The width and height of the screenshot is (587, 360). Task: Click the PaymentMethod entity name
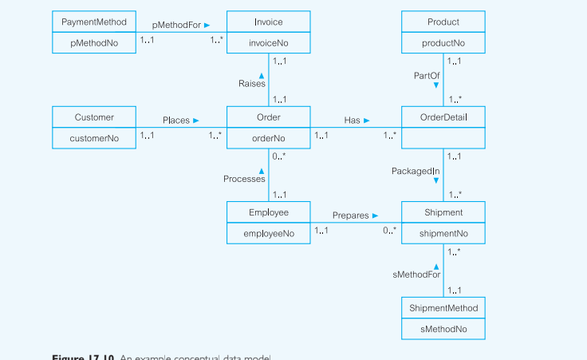tap(94, 22)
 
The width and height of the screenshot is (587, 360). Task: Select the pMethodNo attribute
tap(94, 43)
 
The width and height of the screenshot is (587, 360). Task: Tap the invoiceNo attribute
tap(268, 43)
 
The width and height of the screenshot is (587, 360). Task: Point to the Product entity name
tap(443, 22)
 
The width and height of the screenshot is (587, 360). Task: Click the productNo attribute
tap(443, 43)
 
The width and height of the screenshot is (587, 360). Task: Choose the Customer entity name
tap(94, 117)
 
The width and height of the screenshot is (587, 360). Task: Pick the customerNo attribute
tap(94, 138)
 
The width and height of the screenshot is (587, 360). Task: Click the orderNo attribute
tap(268, 138)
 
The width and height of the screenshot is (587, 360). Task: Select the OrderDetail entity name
tap(443, 117)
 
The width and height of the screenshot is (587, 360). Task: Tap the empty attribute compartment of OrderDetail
tap(443, 138)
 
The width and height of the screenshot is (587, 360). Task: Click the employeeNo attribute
tap(268, 233)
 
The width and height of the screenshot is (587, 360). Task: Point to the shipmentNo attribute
tap(443, 233)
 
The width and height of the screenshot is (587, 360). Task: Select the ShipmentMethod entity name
tap(443, 308)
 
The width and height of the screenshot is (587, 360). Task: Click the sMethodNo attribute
tap(443, 328)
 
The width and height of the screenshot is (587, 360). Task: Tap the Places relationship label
tap(176, 121)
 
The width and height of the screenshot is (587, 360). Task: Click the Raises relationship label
tap(252, 84)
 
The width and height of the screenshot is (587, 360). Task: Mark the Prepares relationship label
tap(350, 216)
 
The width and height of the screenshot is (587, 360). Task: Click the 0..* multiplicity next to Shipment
tap(389, 231)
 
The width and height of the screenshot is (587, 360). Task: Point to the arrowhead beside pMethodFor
tap(207, 25)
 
